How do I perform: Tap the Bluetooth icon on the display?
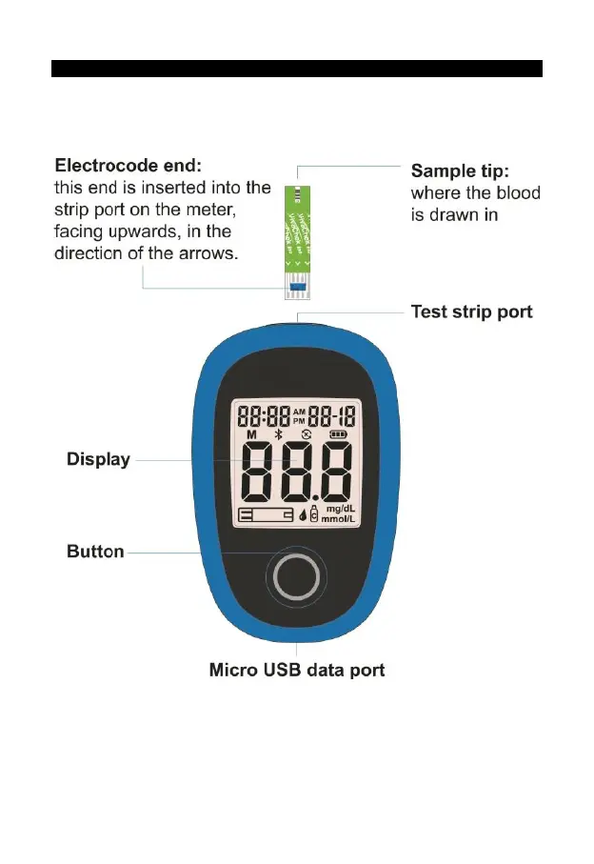point(279,435)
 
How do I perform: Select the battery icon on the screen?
point(338,435)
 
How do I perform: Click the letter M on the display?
point(251,435)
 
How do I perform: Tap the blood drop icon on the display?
point(305,517)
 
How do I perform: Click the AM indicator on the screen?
point(299,411)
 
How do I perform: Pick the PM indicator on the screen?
point(299,420)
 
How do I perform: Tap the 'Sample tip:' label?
point(461,171)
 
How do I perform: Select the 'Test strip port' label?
point(471,311)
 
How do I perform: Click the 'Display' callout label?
point(98,459)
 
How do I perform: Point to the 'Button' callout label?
point(95,552)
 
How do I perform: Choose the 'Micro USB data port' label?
point(297,670)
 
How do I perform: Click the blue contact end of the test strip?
point(297,285)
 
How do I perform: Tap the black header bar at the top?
point(296,69)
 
